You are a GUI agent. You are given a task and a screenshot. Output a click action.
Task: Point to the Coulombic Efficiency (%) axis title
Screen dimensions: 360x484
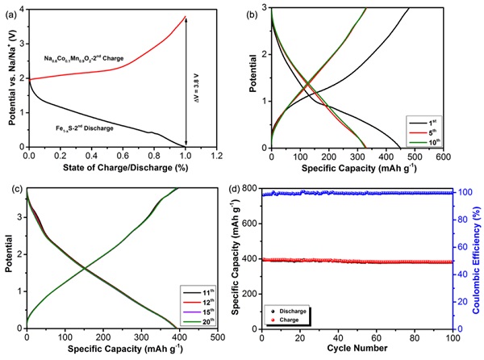[477, 258]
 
